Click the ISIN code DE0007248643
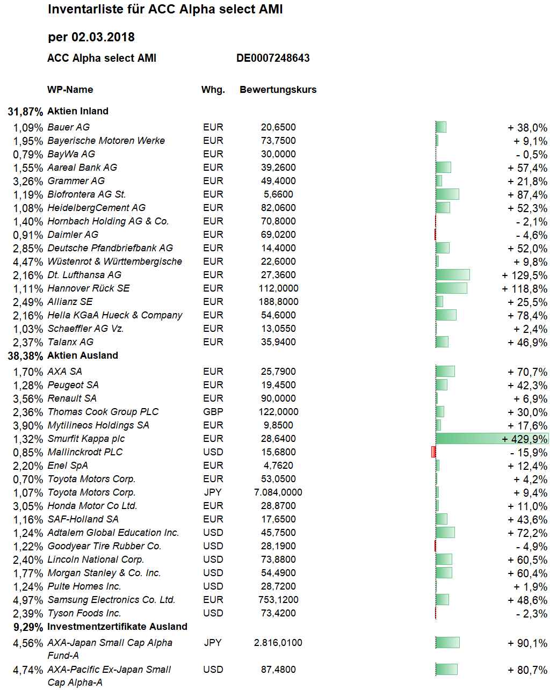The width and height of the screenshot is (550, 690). (273, 58)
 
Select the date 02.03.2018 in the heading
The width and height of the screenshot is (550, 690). (103, 37)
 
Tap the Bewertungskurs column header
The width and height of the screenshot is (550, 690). (278, 90)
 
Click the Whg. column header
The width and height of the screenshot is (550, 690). (213, 90)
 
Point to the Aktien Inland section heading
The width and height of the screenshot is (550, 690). (78, 111)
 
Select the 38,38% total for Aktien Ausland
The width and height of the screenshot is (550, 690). (25, 355)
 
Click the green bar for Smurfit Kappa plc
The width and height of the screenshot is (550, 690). (492, 438)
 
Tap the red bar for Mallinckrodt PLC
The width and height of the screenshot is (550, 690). (433, 452)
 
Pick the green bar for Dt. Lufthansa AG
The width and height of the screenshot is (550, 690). (452, 275)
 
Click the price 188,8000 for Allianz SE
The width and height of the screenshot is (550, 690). (278, 302)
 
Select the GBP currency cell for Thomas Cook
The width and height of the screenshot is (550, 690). (213, 411)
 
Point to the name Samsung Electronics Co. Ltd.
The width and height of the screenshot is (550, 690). (111, 600)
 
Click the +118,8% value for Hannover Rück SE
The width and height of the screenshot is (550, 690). (524, 288)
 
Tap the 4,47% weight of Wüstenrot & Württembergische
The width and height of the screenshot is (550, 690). (28, 262)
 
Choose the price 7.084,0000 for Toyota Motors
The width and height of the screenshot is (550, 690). (278, 492)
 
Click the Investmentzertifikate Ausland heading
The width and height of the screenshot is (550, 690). (117, 627)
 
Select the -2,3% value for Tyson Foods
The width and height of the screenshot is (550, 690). (531, 613)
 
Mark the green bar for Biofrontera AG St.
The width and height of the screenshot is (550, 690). (447, 194)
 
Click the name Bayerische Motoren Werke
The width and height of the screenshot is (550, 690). (106, 141)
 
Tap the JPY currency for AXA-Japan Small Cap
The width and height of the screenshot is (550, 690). (213, 643)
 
